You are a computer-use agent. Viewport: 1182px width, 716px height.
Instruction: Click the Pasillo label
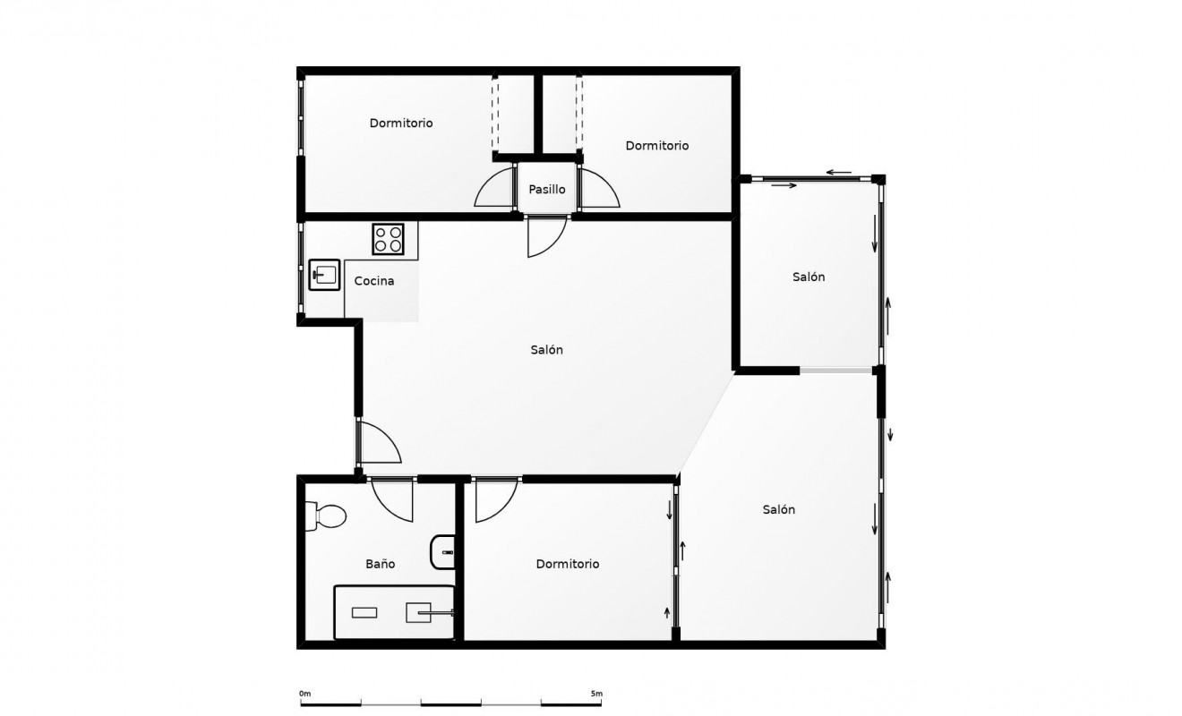coord(546,190)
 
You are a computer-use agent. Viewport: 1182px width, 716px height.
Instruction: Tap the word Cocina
coord(374,281)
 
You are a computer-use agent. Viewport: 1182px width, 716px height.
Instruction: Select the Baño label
coord(380,564)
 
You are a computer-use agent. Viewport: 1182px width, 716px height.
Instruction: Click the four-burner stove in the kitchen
coord(389,239)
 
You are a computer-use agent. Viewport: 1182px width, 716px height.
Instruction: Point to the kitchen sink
coord(324,275)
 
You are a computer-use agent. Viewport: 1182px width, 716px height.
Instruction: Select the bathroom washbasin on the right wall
coord(443,552)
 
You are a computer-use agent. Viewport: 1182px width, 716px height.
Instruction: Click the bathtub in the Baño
coord(393,612)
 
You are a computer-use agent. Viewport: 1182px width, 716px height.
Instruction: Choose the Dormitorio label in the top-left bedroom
coord(400,123)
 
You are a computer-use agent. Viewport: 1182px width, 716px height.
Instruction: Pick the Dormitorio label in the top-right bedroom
coord(656,145)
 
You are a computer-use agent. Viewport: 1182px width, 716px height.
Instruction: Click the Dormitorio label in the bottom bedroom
coord(567,564)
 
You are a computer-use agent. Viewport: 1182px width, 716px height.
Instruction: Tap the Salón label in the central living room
coord(546,350)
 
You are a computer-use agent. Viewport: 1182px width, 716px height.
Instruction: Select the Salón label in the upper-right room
coord(809,277)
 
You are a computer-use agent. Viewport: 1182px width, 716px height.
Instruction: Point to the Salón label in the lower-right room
coord(778,509)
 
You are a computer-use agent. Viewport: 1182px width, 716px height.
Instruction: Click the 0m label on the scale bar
coord(304,694)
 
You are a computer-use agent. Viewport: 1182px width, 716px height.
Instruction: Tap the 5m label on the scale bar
coord(595,694)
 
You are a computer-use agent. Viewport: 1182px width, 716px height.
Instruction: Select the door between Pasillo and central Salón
coord(545,236)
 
